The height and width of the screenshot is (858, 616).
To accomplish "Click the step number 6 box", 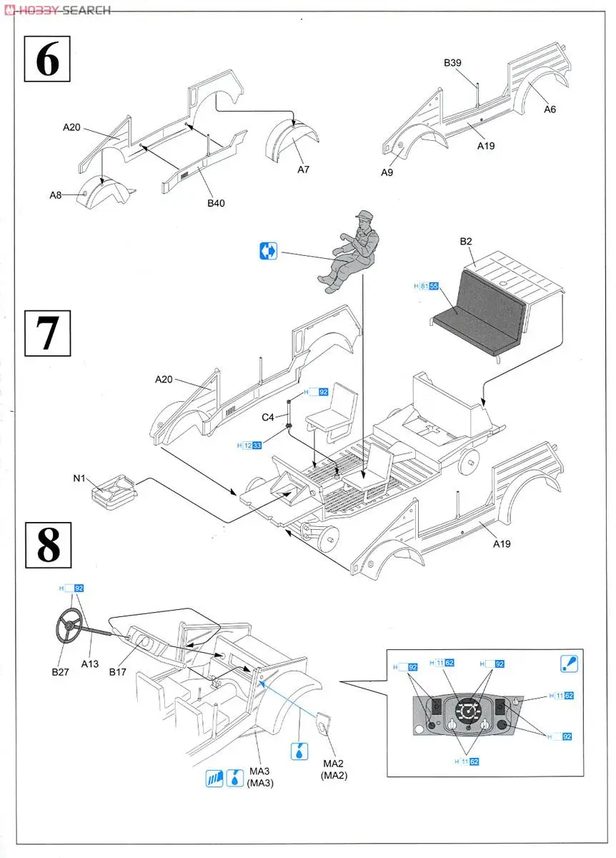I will coord(47,60).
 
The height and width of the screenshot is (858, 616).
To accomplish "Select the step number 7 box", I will coord(47,332).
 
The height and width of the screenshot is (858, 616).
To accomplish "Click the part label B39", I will coord(452,63).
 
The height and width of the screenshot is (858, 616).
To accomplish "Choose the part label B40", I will coord(216,204).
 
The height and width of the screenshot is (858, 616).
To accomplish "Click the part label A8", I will coord(56,195).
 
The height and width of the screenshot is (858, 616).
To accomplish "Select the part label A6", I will coord(550,109).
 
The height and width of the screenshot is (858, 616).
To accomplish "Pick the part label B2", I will coord(466,242).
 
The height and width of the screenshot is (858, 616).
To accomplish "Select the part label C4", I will coord(267,417).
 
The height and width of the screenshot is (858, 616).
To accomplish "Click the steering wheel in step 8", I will coord(70,625).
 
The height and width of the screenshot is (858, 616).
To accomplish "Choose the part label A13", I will coord(89,664).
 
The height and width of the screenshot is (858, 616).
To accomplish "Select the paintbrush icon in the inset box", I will coord(569,664).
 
